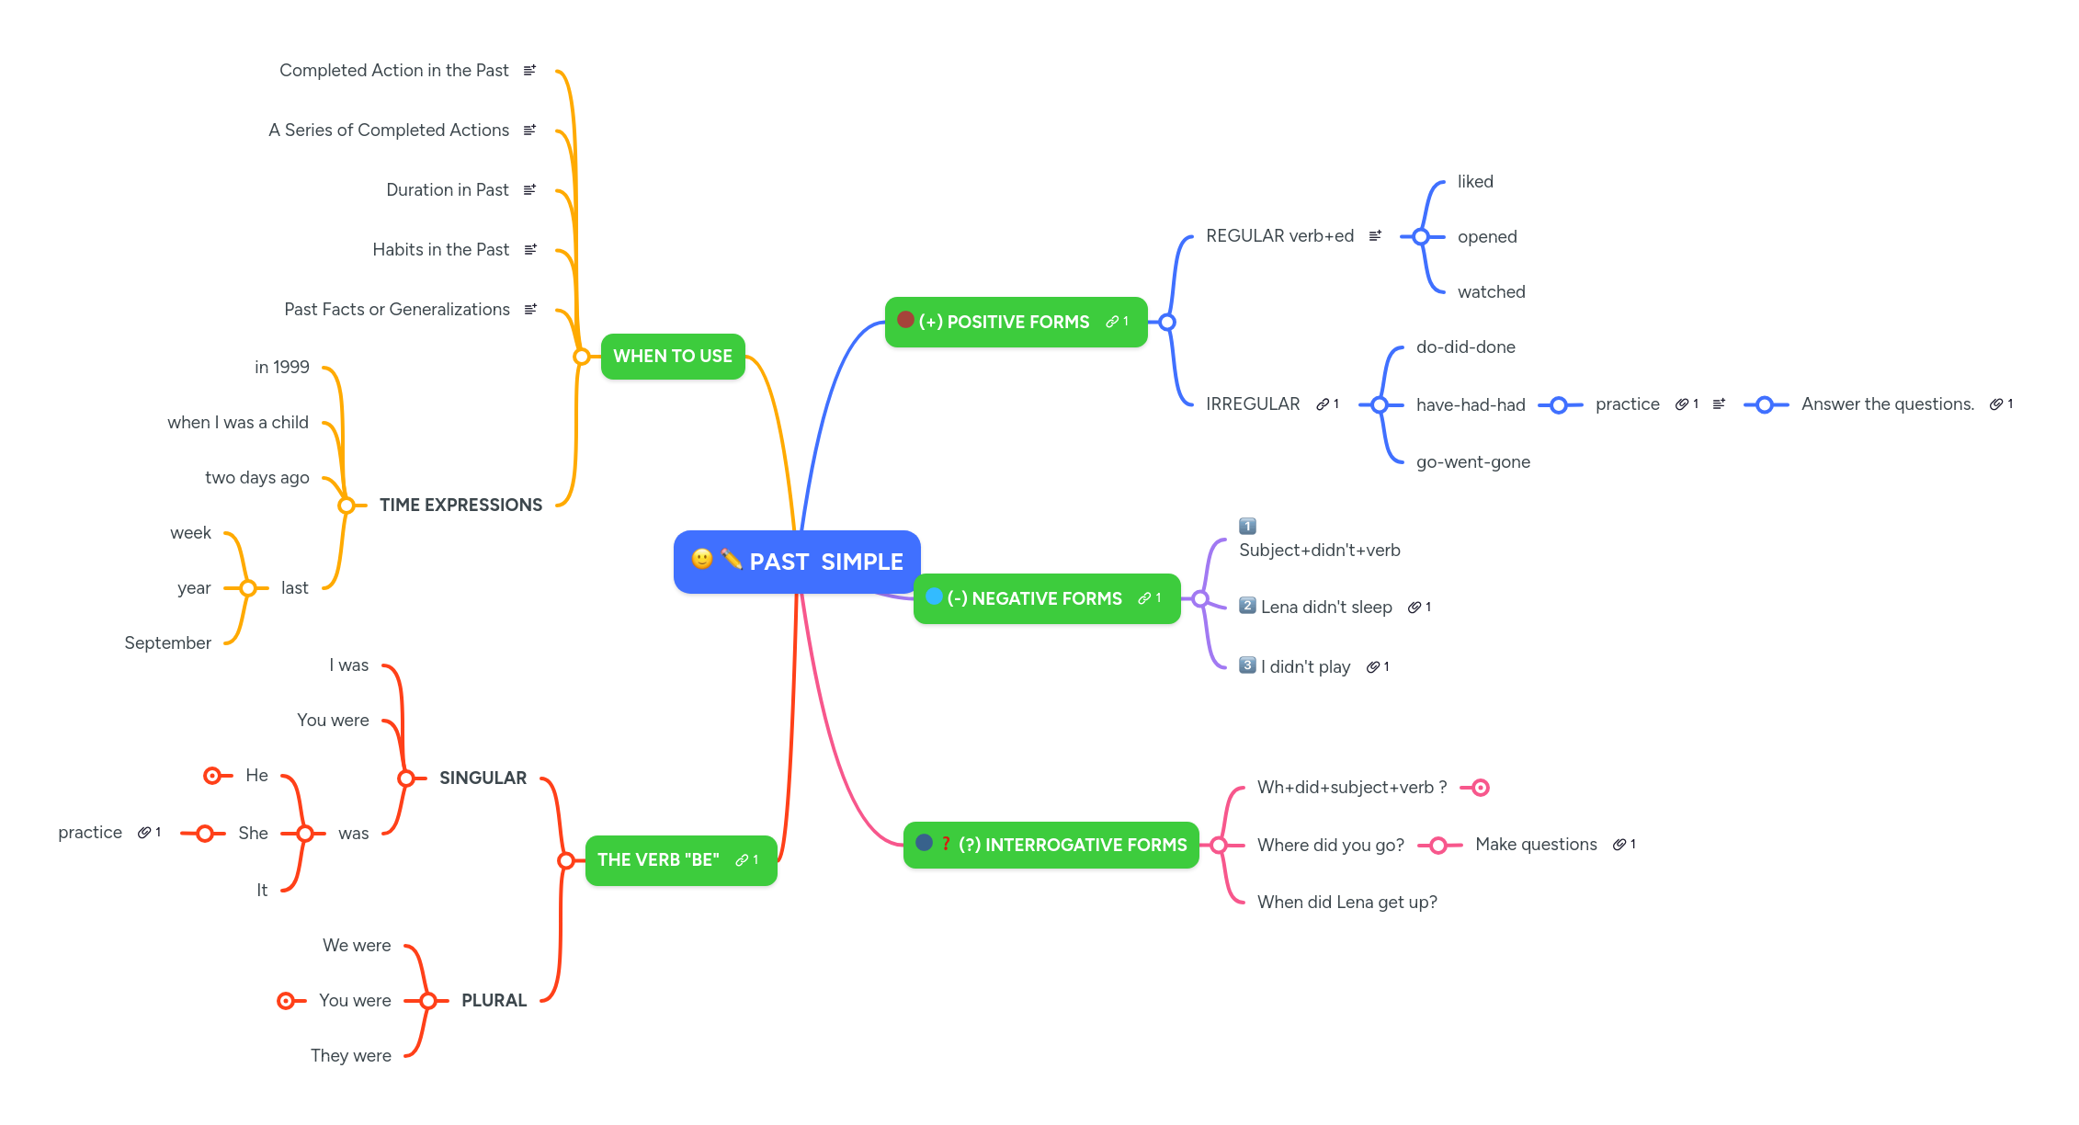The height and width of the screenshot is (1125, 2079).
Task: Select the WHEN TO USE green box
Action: click(x=672, y=357)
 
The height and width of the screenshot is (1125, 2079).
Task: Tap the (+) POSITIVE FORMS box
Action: click(x=1016, y=322)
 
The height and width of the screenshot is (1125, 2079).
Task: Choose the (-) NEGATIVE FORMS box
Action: click(x=1046, y=598)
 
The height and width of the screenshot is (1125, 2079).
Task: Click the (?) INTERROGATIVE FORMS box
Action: click(x=1051, y=845)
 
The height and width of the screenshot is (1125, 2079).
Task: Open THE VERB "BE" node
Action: click(x=680, y=860)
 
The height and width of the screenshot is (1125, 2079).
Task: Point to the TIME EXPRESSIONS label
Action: click(x=460, y=505)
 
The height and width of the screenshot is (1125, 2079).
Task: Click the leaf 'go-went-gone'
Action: click(x=1472, y=461)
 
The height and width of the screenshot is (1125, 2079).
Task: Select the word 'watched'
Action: click(x=1491, y=291)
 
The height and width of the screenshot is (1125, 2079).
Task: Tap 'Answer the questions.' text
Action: click(x=1887, y=404)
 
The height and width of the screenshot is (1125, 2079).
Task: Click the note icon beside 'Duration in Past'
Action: click(x=529, y=189)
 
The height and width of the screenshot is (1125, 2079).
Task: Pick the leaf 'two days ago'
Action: click(x=256, y=477)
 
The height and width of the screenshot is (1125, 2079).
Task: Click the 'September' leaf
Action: click(x=167, y=642)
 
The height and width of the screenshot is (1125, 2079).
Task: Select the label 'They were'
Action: click(x=350, y=1055)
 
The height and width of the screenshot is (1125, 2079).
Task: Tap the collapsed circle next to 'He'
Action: click(x=212, y=776)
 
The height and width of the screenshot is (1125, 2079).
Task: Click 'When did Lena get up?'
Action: click(x=1346, y=902)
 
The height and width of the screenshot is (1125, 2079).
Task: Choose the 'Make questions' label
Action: click(x=1536, y=845)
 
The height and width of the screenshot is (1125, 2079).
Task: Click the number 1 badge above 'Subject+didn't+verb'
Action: click(x=1247, y=526)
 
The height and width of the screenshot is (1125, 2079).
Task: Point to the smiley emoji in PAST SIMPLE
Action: click(x=702, y=559)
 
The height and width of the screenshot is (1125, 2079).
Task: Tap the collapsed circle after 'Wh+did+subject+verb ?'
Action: click(x=1480, y=788)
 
